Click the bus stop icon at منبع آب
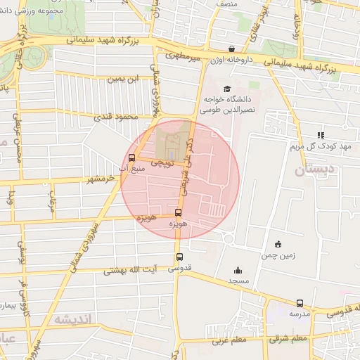pos(132,157)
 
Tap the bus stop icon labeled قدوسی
pos(179,257)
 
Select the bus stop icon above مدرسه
pos(300,303)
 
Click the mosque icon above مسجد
pos(238,270)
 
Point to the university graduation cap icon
pos(226,89)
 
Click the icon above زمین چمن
pos(279,245)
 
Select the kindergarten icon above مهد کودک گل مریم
pos(321,135)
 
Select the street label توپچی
pos(161,162)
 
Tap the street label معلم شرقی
pos(289,339)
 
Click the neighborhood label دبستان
pos(316,169)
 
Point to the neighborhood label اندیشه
pos(72,319)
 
